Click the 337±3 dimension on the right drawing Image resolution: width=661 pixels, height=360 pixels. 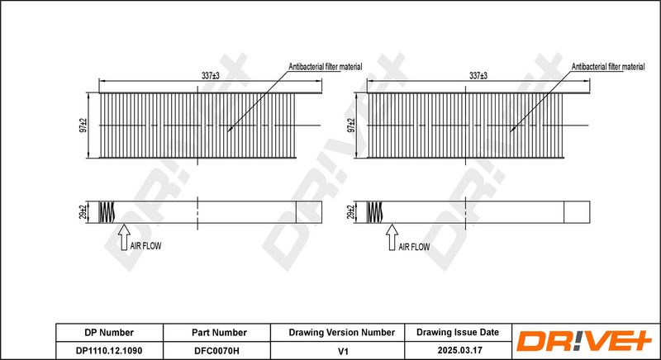pos(478,76)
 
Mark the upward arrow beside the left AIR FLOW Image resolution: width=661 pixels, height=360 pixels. pos(123,238)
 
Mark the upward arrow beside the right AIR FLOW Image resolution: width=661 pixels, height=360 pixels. pos(391,238)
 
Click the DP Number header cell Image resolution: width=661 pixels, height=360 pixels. pos(110,333)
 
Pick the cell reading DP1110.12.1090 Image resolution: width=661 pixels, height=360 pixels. pos(110,350)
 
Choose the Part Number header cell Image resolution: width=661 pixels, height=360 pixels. pos(219,333)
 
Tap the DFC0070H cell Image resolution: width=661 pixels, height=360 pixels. pos(219,350)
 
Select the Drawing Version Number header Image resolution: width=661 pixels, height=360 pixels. pos(341,333)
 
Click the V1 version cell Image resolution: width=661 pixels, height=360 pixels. pos(341,350)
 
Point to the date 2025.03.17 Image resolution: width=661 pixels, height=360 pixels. pos(457,350)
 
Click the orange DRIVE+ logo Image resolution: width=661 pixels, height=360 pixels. pos(585,341)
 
